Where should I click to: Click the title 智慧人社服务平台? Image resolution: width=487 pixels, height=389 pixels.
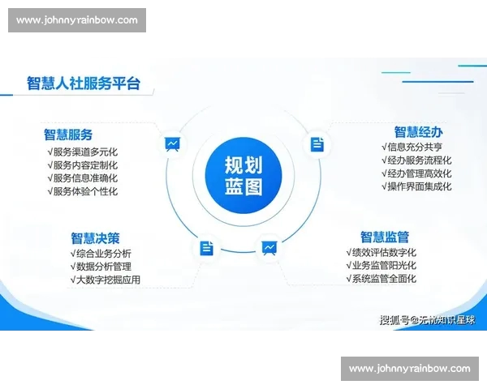(x=84, y=83)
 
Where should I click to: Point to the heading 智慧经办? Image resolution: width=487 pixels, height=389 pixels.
(x=419, y=131)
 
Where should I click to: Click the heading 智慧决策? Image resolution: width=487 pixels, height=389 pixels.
(x=95, y=237)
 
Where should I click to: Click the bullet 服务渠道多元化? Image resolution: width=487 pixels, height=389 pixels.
(x=83, y=151)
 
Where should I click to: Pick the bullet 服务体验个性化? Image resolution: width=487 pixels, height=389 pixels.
(x=83, y=191)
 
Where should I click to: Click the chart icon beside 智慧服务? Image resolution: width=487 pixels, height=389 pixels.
(x=172, y=145)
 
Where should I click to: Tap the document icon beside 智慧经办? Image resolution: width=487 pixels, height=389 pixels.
(x=317, y=144)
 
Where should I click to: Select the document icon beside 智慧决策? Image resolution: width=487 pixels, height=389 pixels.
(x=207, y=248)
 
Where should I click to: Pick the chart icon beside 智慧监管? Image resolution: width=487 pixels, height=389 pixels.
(x=269, y=247)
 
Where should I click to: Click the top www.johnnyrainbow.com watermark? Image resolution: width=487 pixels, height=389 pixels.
(x=77, y=20)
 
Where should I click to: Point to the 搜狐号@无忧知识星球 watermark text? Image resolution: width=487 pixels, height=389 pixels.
(x=427, y=319)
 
